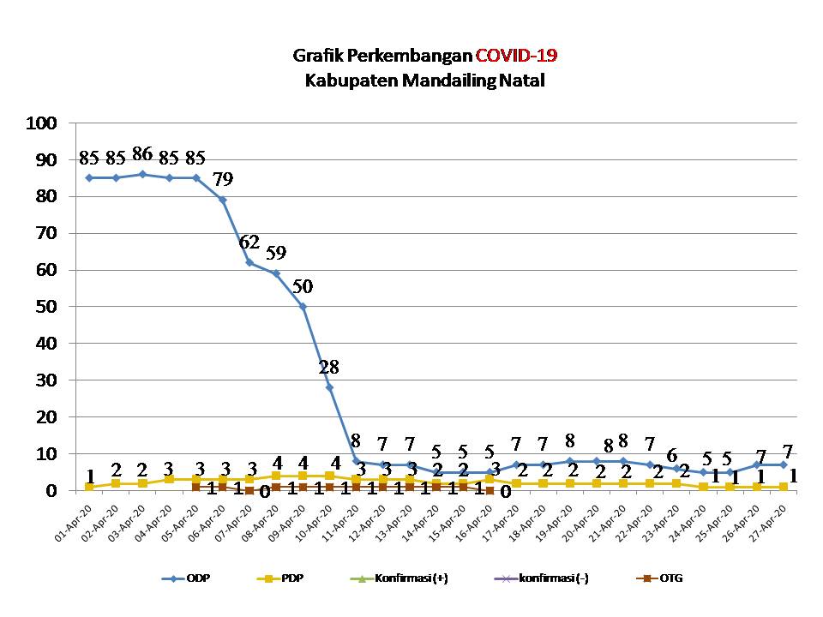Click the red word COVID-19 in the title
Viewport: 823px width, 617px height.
pyautogui.click(x=517, y=57)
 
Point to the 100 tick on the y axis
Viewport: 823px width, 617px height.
pyautogui.click(x=41, y=123)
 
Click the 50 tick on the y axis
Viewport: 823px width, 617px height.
pyautogui.click(x=45, y=307)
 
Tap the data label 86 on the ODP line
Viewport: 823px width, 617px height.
pyautogui.click(x=142, y=155)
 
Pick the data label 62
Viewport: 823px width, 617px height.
pyautogui.click(x=249, y=243)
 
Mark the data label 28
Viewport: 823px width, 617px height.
pyautogui.click(x=329, y=368)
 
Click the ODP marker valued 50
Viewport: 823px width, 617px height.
pyautogui.click(x=303, y=307)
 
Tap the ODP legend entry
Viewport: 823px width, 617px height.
pyautogui.click(x=186, y=578)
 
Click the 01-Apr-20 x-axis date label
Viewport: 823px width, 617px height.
pyautogui.click(x=78, y=520)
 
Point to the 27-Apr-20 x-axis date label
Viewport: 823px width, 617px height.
pyautogui.click(x=774, y=520)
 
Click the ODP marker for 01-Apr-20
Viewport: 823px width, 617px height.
pyautogui.click(x=89, y=177)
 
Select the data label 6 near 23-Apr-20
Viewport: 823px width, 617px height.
pyautogui.click(x=672, y=455)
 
